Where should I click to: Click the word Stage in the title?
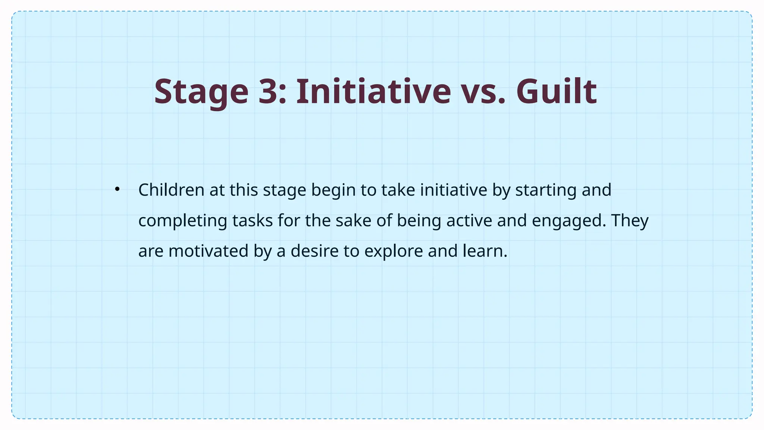click(x=201, y=92)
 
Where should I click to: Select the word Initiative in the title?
click(x=373, y=92)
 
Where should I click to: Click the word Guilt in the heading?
click(x=556, y=92)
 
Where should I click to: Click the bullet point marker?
click(x=117, y=189)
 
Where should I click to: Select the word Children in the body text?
click(x=171, y=190)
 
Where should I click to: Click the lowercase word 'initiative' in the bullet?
click(x=454, y=190)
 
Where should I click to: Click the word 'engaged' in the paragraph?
click(x=569, y=221)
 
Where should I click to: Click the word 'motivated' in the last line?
click(x=208, y=251)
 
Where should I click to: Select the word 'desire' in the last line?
click(x=314, y=251)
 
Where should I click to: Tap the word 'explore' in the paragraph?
click(x=393, y=252)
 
